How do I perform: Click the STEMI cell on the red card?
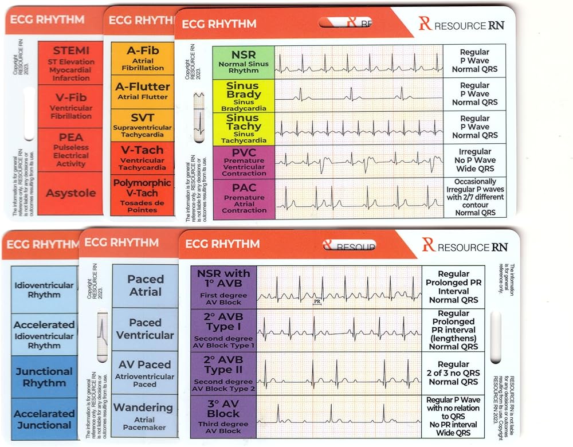point(70,61)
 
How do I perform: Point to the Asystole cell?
point(70,193)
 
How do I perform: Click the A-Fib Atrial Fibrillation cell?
point(143,58)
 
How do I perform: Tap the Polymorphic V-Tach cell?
point(143,195)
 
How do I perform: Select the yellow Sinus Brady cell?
point(244,95)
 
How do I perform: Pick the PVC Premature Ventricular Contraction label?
point(244,162)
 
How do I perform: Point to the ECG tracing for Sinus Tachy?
point(359,128)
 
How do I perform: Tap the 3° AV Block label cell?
point(223,416)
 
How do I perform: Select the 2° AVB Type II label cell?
point(223,374)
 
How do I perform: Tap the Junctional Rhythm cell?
point(44,377)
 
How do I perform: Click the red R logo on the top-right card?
point(424,23)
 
